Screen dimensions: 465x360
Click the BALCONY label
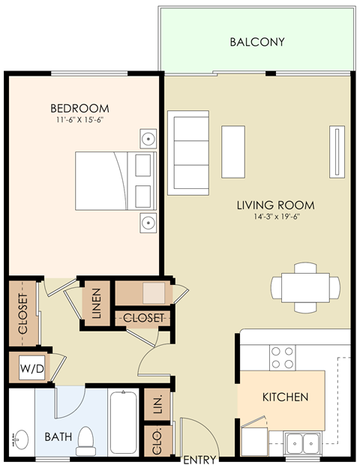pos(257,42)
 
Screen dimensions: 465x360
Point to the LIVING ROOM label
pos(275,205)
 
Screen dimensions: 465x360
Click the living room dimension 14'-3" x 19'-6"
pos(275,217)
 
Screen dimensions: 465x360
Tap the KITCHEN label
pos(284,397)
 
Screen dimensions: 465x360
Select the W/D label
pos(31,368)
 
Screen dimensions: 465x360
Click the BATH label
pos(57,436)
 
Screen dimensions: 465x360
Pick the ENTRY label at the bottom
pos(199,460)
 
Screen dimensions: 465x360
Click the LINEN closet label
pos(96,304)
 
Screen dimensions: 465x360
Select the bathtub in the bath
pos(124,423)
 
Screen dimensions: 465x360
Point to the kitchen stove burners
pos(282,357)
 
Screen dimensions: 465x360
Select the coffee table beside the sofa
pos(233,151)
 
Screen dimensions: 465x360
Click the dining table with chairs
pos(304,286)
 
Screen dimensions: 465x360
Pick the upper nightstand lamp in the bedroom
pos(149,139)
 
